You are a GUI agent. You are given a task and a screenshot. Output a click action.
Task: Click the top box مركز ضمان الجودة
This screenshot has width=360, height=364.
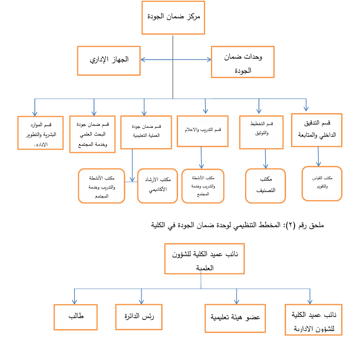pos(173,18)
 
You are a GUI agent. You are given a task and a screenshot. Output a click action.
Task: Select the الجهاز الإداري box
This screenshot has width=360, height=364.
pos(109,60)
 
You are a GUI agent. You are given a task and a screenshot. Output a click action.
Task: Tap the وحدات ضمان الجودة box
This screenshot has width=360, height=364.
pos(242,62)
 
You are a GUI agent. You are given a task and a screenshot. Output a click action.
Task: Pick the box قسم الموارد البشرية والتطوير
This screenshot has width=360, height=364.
pos(40,133)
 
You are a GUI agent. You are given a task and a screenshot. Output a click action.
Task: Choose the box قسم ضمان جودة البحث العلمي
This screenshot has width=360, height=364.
pos(92,134)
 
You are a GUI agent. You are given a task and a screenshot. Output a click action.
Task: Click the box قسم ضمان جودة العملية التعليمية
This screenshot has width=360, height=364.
pos(146,132)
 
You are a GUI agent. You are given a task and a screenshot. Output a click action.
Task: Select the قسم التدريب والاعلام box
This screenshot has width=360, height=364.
pos(202,131)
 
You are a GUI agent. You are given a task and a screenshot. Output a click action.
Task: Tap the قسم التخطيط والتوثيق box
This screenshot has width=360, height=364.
pos(261,132)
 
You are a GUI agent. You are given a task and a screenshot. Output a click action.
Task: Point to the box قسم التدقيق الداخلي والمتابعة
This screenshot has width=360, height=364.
pos(316,130)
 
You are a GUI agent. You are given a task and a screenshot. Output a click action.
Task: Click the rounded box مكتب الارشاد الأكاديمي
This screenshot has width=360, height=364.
pos(157,186)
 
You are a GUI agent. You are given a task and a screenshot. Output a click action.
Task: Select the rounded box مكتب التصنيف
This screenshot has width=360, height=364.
pos(265,186)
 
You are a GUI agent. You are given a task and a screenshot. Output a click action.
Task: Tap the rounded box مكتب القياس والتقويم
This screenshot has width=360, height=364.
pos(322,183)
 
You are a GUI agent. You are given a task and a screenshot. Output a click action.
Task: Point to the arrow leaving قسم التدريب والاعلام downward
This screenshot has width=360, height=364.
pos(202,158)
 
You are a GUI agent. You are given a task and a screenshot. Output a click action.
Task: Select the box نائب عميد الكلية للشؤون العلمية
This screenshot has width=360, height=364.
pos(204,259)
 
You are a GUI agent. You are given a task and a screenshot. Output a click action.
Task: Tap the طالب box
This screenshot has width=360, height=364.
pos(76,317)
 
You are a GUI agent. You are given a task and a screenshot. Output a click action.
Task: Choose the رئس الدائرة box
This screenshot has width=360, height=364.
pos(139,317)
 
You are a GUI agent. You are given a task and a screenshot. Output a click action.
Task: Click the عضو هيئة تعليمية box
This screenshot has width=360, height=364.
pos(236,318)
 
